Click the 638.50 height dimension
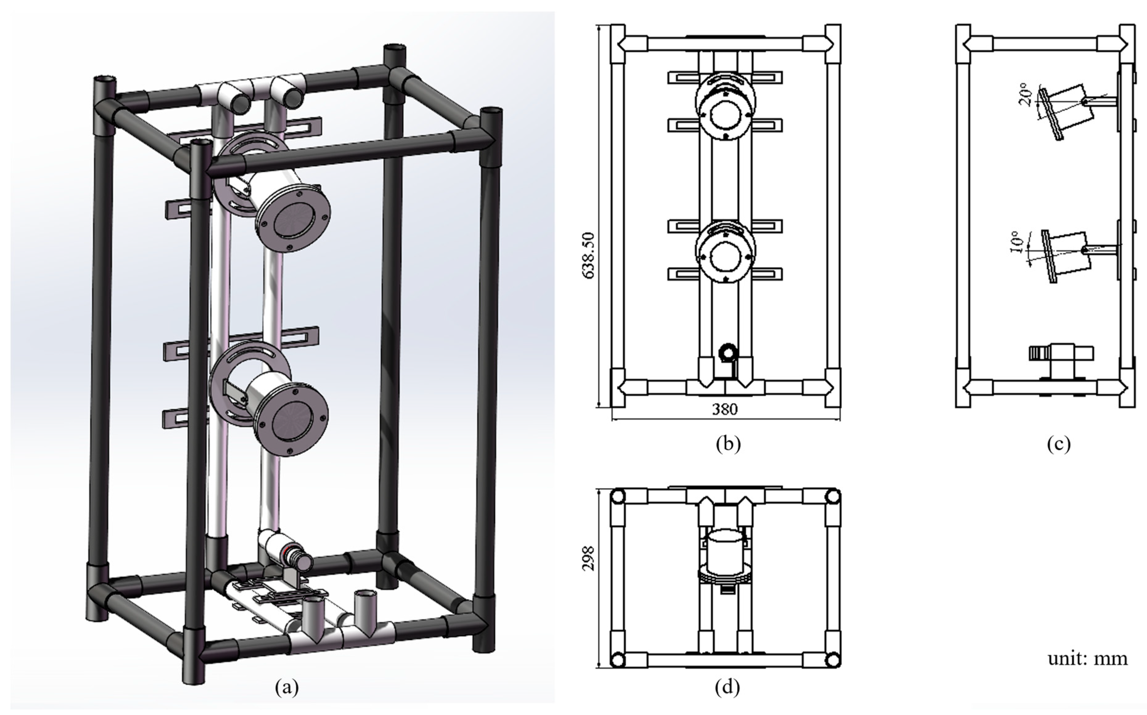589,255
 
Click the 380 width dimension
725,409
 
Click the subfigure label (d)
727,687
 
